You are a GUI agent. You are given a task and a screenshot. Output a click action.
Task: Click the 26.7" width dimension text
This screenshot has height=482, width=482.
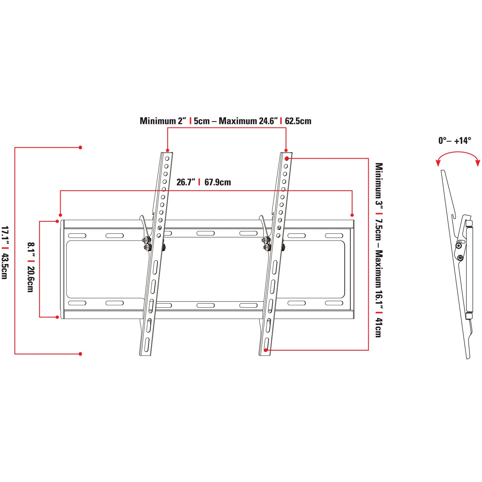185,182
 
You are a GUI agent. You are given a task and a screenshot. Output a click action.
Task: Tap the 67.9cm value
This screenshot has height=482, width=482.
217,182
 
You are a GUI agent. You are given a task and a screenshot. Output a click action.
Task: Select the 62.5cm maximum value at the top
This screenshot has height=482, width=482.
298,121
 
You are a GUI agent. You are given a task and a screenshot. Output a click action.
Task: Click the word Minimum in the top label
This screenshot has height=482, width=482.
157,121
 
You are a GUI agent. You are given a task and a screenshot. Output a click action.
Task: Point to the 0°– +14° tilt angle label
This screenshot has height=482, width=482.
455,140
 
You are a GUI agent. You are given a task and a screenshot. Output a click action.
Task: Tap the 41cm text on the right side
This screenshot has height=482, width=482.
379,328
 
